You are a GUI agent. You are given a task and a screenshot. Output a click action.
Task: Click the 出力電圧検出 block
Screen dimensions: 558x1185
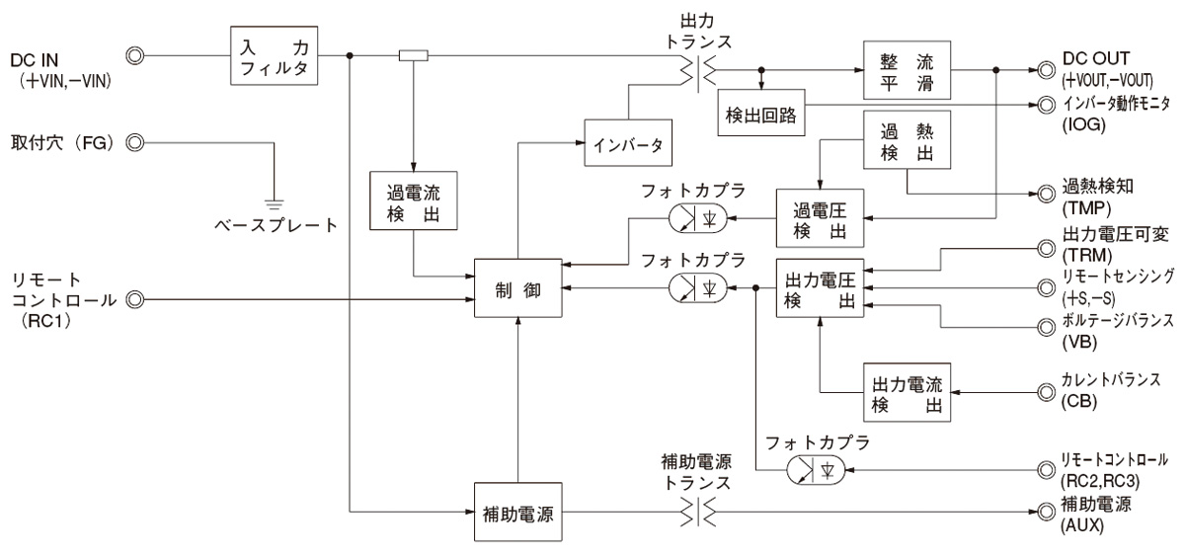tap(820, 289)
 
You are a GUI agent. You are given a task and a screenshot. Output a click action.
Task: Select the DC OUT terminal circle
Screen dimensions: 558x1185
tap(1044, 71)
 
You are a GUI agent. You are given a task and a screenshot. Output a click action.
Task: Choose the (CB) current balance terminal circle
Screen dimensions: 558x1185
tap(1044, 392)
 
